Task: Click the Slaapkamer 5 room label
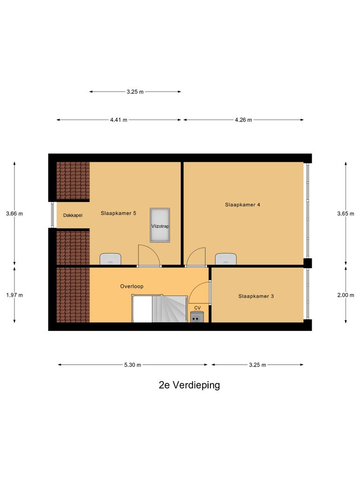[118, 213]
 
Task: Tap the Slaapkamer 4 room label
[242, 204]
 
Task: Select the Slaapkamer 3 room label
[255, 296]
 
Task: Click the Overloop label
[132, 286]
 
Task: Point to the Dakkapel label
[73, 216]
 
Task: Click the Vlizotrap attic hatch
[160, 225]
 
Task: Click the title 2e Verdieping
[189, 385]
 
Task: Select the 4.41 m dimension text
[119, 120]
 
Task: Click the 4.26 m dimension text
[243, 120]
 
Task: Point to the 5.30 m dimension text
[133, 365]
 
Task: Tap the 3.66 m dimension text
[14, 214]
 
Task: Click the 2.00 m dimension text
[345, 295]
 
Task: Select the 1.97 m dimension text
[14, 295]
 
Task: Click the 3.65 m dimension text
[345, 214]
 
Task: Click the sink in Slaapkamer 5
[111, 259]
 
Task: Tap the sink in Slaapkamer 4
[226, 259]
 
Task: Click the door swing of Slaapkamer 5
[148, 255]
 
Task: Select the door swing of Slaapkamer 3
[200, 294]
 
